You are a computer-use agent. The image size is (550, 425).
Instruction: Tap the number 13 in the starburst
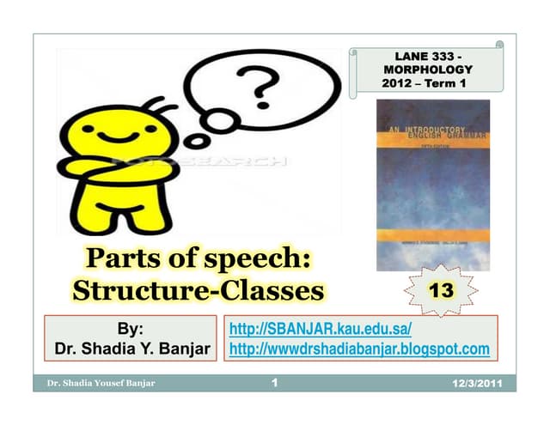(x=441, y=290)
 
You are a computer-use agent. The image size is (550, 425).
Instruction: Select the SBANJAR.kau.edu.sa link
(x=321, y=330)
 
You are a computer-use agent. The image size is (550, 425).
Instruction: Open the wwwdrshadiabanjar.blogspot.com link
(x=360, y=349)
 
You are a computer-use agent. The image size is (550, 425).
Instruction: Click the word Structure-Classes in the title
(x=198, y=290)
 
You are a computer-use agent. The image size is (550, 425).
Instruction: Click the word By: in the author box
(x=131, y=330)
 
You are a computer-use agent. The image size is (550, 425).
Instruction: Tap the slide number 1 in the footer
(x=273, y=382)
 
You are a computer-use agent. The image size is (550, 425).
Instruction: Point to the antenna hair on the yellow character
(x=155, y=105)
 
